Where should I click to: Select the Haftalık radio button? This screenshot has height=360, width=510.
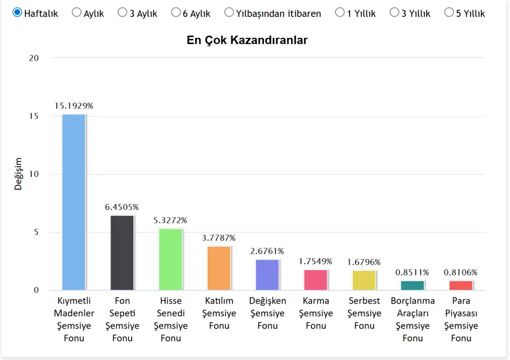pyautogui.click(x=18, y=12)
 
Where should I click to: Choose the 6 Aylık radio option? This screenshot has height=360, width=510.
pyautogui.click(x=176, y=12)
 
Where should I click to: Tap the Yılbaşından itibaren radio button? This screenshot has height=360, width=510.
pyautogui.click(x=229, y=12)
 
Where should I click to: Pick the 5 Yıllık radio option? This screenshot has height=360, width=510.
pyautogui.click(x=449, y=12)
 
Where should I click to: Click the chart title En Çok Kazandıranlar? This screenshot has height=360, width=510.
pyautogui.click(x=247, y=40)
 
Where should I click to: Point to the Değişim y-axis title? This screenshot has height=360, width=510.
pyautogui.click(x=19, y=174)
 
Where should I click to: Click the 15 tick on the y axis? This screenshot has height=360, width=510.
pyautogui.click(x=33, y=116)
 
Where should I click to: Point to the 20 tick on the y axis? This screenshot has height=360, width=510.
pyautogui.click(x=33, y=58)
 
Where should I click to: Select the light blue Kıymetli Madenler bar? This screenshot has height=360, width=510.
pyautogui.click(x=74, y=202)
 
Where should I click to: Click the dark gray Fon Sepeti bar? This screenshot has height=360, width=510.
pyautogui.click(x=122, y=253)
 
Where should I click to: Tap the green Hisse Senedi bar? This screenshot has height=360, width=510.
pyautogui.click(x=171, y=259)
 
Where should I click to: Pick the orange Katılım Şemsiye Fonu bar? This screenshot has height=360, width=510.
pyautogui.click(x=219, y=268)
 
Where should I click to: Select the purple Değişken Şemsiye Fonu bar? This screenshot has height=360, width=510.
pyautogui.click(x=267, y=274)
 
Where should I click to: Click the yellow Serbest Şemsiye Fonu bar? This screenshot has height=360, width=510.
pyautogui.click(x=364, y=280)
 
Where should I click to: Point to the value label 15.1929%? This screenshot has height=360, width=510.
pyautogui.click(x=74, y=106)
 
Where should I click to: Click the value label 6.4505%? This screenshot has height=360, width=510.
pyautogui.click(x=122, y=207)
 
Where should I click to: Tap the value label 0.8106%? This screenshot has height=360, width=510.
pyautogui.click(x=461, y=272)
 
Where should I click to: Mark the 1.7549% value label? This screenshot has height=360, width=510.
pyautogui.click(x=316, y=261)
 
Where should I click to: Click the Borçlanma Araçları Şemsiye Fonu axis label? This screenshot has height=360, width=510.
pyautogui.click(x=413, y=319)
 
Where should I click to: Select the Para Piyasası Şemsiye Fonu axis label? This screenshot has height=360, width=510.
pyautogui.click(x=461, y=319)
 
